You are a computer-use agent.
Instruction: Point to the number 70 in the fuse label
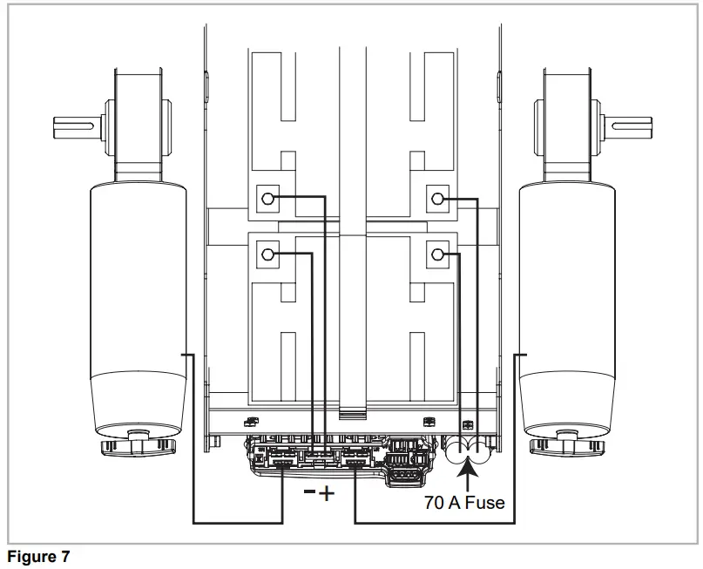tap(435, 503)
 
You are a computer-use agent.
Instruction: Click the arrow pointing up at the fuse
tap(470, 475)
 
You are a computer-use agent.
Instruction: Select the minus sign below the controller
tap(309, 492)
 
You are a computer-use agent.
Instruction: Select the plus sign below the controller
tap(327, 494)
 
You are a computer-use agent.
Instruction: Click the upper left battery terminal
tap(268, 199)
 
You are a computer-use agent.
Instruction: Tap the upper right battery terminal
tap(437, 199)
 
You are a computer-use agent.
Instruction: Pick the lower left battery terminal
tap(268, 255)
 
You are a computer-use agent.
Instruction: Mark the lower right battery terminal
tap(437, 255)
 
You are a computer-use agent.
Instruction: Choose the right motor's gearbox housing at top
tap(566, 122)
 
